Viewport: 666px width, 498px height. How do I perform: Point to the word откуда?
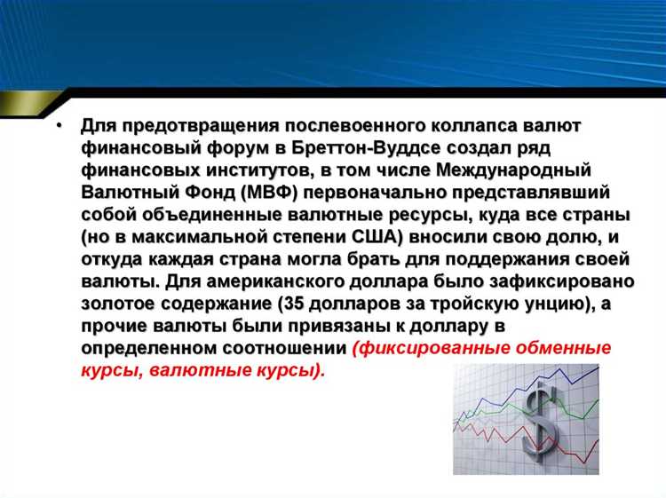click(111, 259)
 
